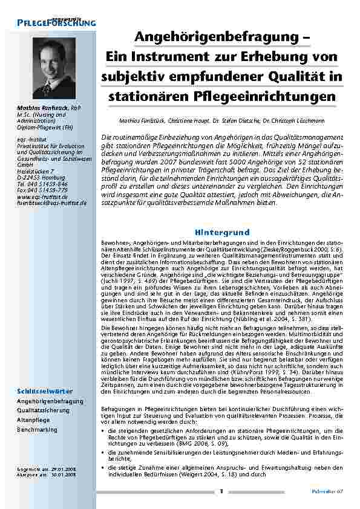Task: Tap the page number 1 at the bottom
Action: [221, 491]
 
